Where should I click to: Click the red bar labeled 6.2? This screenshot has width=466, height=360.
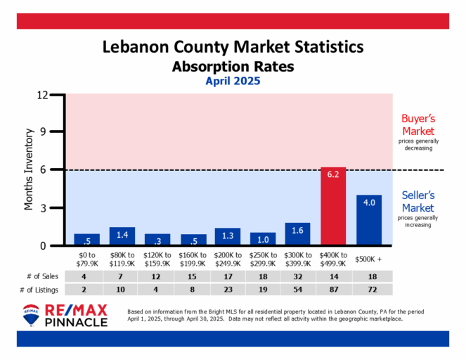pyautogui.click(x=333, y=207)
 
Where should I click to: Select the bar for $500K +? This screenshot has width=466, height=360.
pyautogui.click(x=368, y=220)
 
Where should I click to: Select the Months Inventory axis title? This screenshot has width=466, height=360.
pyautogui.click(x=30, y=169)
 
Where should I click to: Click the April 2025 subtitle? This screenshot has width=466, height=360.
pyautogui.click(x=233, y=81)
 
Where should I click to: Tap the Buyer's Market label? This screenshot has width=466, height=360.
pyautogui.click(x=418, y=125)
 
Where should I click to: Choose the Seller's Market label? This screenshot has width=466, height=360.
pyautogui.click(x=418, y=202)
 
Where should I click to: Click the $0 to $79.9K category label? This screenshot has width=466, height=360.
pyautogui.click(x=86, y=256)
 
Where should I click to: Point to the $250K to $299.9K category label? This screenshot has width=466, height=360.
pyautogui.click(x=263, y=256)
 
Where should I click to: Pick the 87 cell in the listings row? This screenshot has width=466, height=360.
pyautogui.click(x=333, y=290)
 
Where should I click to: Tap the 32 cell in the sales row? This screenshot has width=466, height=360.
pyautogui.click(x=298, y=276)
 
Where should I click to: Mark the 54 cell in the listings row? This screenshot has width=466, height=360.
pyautogui.click(x=298, y=290)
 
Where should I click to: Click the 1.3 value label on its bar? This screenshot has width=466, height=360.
pyautogui.click(x=228, y=233)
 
